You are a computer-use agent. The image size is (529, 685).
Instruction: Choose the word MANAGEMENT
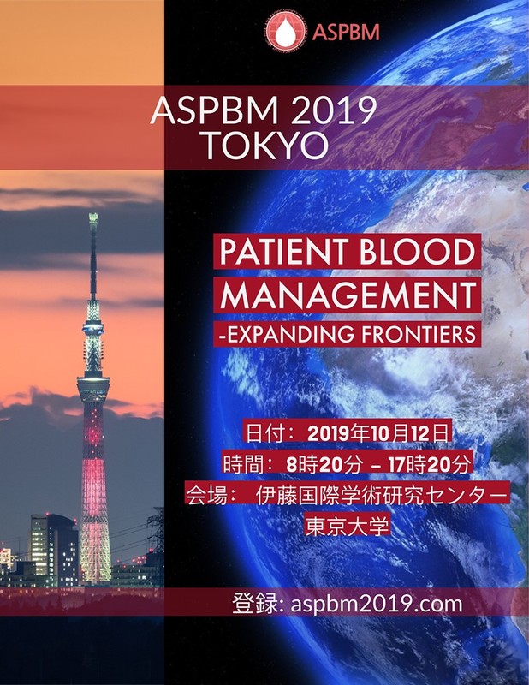tap(348, 295)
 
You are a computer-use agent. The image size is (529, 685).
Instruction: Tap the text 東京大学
tap(348, 525)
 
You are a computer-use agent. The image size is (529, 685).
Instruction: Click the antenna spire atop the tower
tap(92, 248)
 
